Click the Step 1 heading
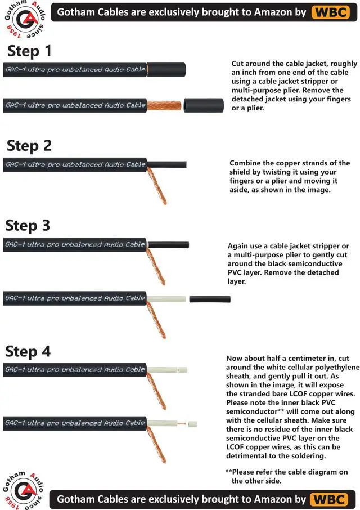29,51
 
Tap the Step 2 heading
29,145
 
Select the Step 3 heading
28,225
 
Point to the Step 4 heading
28,351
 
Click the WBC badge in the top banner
331,12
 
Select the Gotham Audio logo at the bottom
22,490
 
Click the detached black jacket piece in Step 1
204,106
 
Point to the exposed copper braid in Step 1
164,105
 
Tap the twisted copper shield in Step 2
157,186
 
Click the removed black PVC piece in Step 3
210,299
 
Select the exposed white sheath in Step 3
166,298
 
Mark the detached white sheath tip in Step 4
193,424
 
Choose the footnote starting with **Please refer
286,476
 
